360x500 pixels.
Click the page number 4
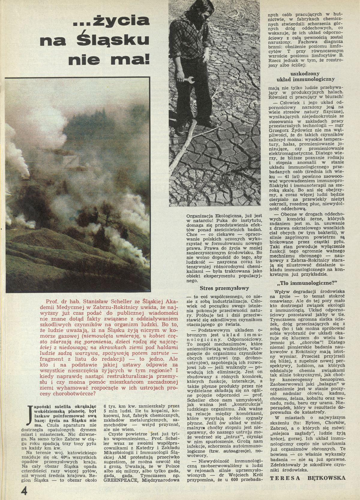24,491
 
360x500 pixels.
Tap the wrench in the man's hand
189,80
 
